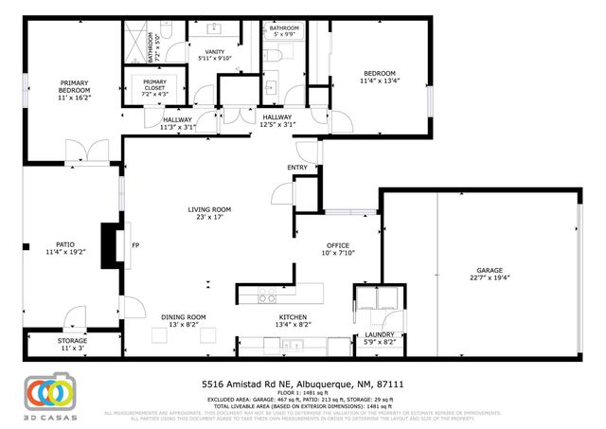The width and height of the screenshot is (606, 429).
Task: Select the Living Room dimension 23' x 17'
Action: point(209,218)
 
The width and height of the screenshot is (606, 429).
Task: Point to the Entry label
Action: point(298,168)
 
